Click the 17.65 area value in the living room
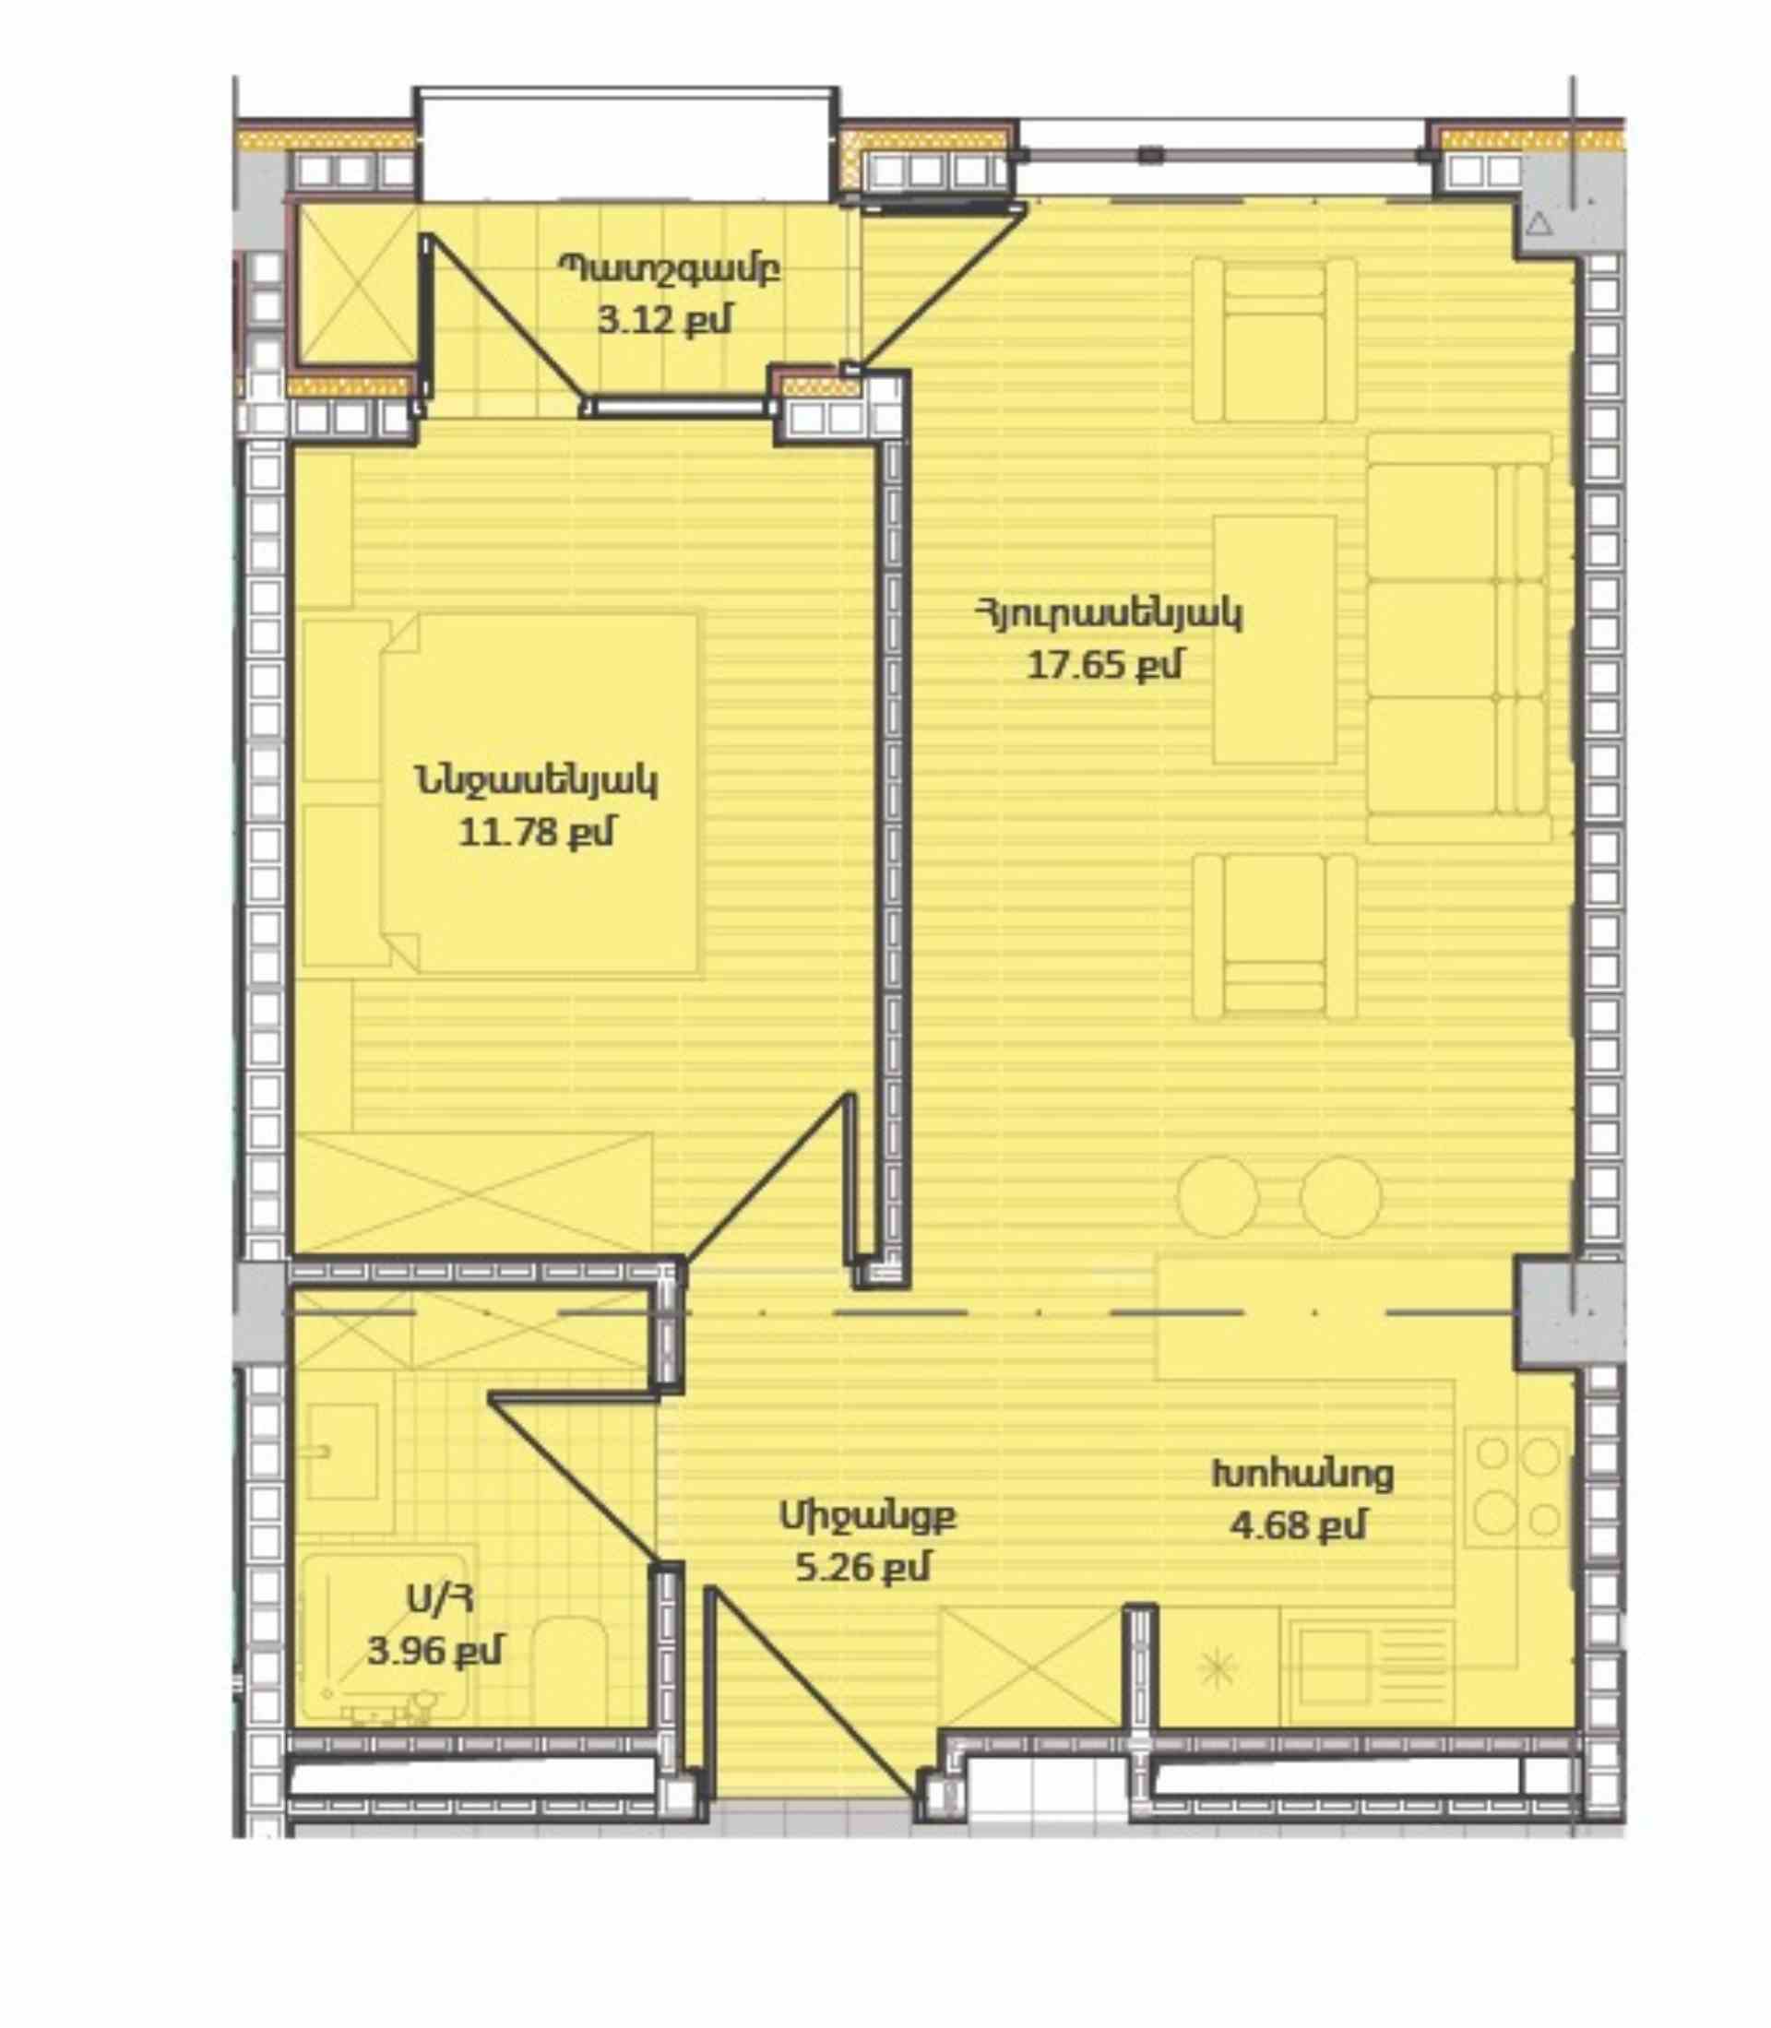1105,665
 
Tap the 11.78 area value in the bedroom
536,832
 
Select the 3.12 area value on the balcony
664,320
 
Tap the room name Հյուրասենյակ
1108,613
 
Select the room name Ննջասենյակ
537,781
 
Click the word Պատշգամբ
670,268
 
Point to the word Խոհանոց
1302,1474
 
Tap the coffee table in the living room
1274,639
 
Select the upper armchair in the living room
1274,340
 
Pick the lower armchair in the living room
1274,936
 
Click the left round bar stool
1218,1196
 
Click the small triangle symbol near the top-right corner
1539,224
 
